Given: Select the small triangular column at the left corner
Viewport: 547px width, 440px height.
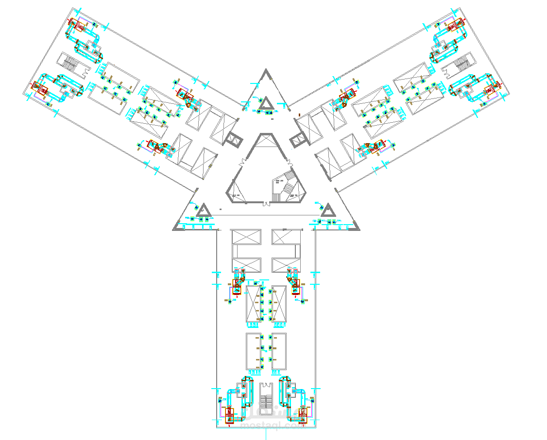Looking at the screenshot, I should [203, 211].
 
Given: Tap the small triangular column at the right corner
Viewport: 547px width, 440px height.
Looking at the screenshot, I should [328, 211].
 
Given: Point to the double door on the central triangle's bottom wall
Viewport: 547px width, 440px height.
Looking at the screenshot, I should [266, 203].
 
